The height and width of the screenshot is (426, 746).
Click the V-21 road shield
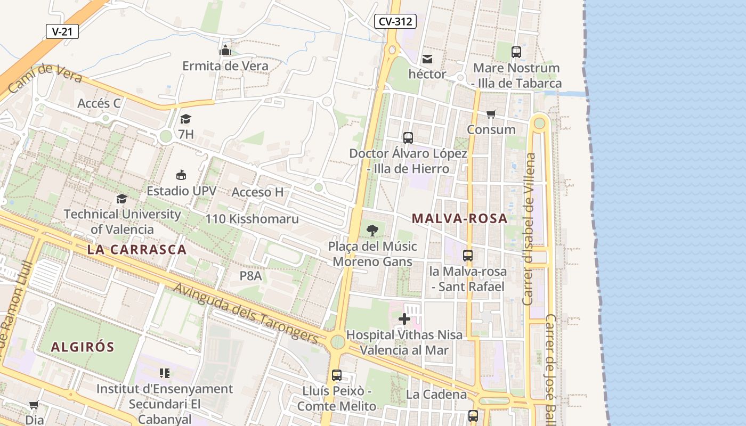pos(62,31)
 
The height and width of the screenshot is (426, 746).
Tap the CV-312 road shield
pos(395,21)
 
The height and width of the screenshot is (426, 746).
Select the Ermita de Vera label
pos(225,66)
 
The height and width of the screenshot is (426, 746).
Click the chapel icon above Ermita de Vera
pos(225,51)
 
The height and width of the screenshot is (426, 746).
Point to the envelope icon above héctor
pos(427,59)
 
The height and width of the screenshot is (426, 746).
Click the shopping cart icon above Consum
pos(491,114)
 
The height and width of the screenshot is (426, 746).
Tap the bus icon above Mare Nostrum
pos(516,52)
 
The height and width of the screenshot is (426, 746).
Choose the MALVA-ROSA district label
pos(460,218)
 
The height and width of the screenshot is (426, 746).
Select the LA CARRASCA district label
pos(137,250)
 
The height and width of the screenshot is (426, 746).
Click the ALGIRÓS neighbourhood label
pos(83,347)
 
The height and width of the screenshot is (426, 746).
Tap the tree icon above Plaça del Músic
pos(372,231)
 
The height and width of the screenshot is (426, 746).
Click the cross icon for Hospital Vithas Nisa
pos(404,319)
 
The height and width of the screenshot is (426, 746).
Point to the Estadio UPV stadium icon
pos(181,175)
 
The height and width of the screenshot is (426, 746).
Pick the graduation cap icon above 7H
pos(185,119)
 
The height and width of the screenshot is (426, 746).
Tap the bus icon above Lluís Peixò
pos(337,375)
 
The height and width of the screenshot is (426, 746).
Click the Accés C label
pos(99,103)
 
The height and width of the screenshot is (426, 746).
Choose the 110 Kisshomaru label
pos(252,219)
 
